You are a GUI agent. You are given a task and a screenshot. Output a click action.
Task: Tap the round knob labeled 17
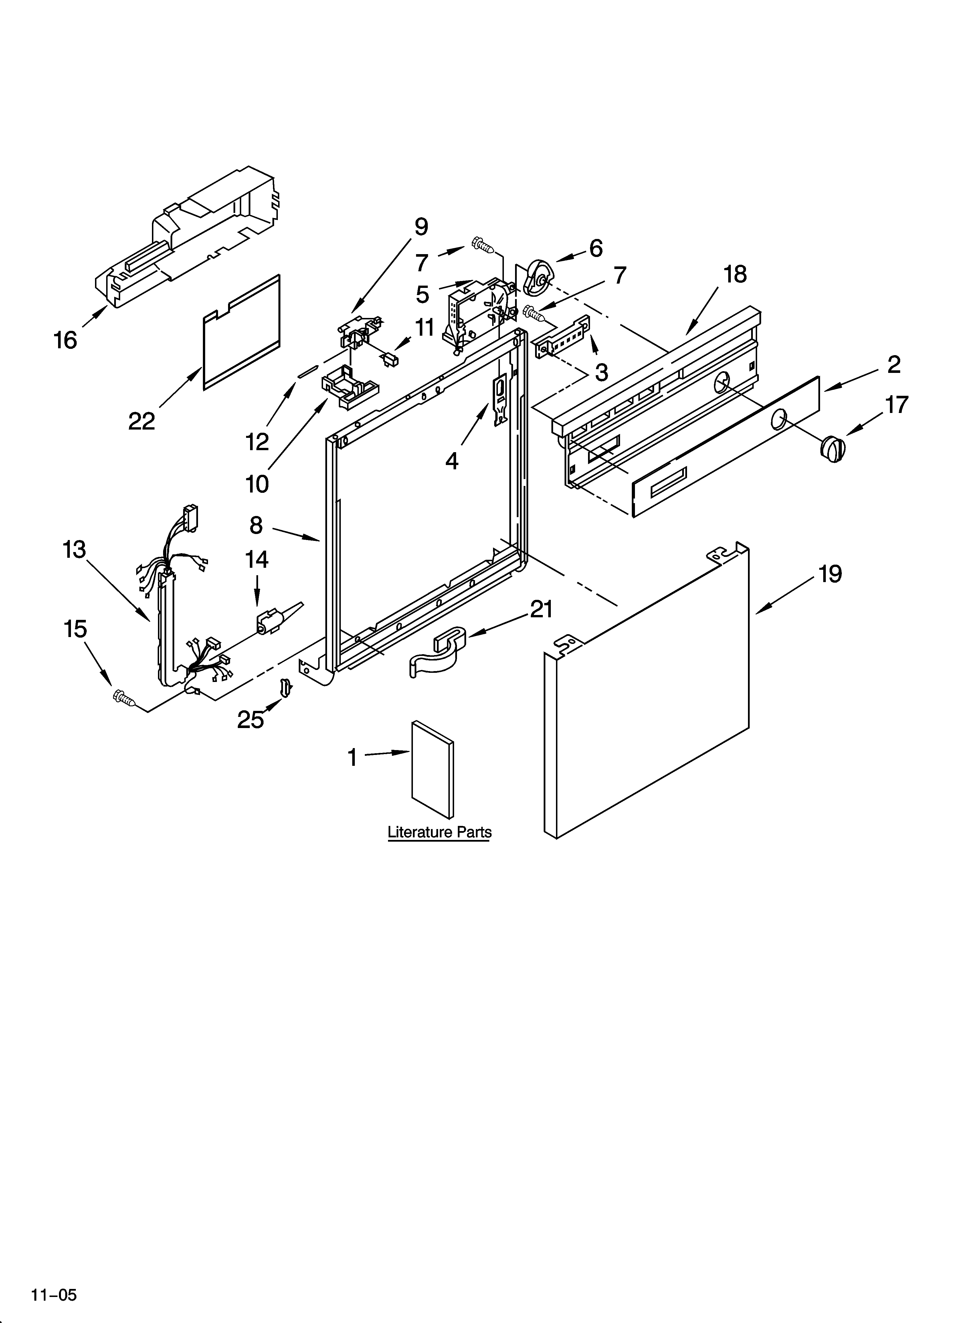[x=832, y=448]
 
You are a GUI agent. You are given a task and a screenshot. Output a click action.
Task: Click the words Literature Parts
[x=439, y=832]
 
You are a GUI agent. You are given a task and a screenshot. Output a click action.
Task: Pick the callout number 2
[x=893, y=365]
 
